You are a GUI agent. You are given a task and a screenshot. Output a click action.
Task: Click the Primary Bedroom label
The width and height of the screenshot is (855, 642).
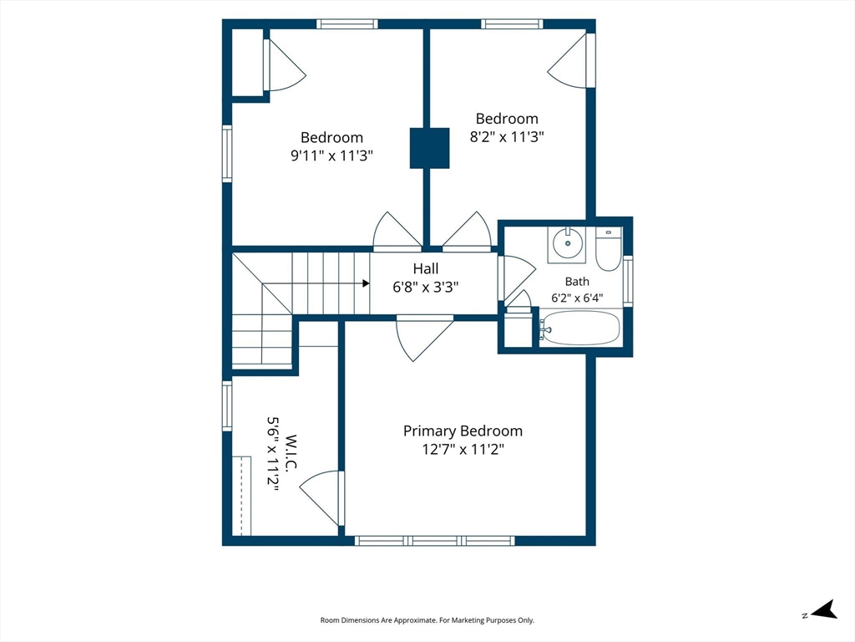[463, 431]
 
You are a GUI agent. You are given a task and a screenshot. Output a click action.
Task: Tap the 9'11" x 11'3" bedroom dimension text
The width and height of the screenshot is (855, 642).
[331, 155]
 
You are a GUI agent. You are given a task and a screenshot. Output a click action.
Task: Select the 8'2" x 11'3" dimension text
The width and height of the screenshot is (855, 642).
[507, 136]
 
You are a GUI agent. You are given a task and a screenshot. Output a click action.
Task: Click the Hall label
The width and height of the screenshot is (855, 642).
[425, 268]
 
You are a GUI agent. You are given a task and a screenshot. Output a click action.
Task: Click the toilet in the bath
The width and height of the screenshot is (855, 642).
[609, 249]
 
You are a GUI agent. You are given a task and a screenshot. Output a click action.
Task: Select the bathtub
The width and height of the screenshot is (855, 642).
[581, 328]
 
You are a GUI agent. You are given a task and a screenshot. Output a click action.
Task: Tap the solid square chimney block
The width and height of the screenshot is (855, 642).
[430, 148]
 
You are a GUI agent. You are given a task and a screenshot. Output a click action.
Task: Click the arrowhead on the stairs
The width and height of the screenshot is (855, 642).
[366, 283]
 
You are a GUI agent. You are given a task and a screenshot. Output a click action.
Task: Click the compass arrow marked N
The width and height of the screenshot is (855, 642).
[824, 609]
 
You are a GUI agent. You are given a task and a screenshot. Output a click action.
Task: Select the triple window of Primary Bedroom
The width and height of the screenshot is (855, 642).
[434, 541]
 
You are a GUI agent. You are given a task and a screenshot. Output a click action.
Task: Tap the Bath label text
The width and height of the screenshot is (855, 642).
[577, 282]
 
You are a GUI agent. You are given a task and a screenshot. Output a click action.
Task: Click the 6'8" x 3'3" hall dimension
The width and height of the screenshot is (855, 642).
[425, 288]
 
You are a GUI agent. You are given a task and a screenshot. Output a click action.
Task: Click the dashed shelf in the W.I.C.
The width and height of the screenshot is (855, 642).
[241, 497]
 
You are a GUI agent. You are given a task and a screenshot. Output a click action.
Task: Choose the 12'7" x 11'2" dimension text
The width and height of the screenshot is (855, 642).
[463, 450]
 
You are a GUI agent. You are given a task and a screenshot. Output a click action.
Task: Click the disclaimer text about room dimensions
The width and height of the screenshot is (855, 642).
[427, 620]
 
